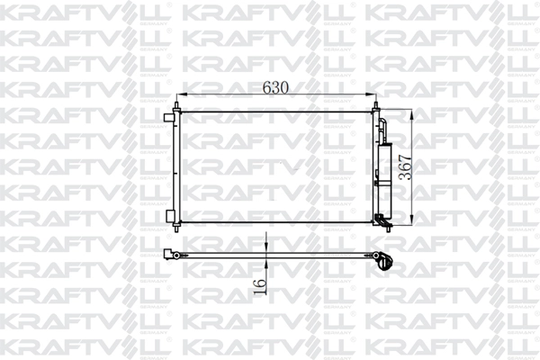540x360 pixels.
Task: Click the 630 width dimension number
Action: [x=275, y=88]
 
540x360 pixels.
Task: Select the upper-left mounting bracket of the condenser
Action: [x=172, y=117]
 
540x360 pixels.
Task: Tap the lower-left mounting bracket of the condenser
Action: [x=172, y=216]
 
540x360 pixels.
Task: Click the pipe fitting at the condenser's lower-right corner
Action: [x=382, y=220]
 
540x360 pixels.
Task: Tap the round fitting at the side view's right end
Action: [x=386, y=264]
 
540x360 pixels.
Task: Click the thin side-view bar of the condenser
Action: [x=270, y=256]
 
